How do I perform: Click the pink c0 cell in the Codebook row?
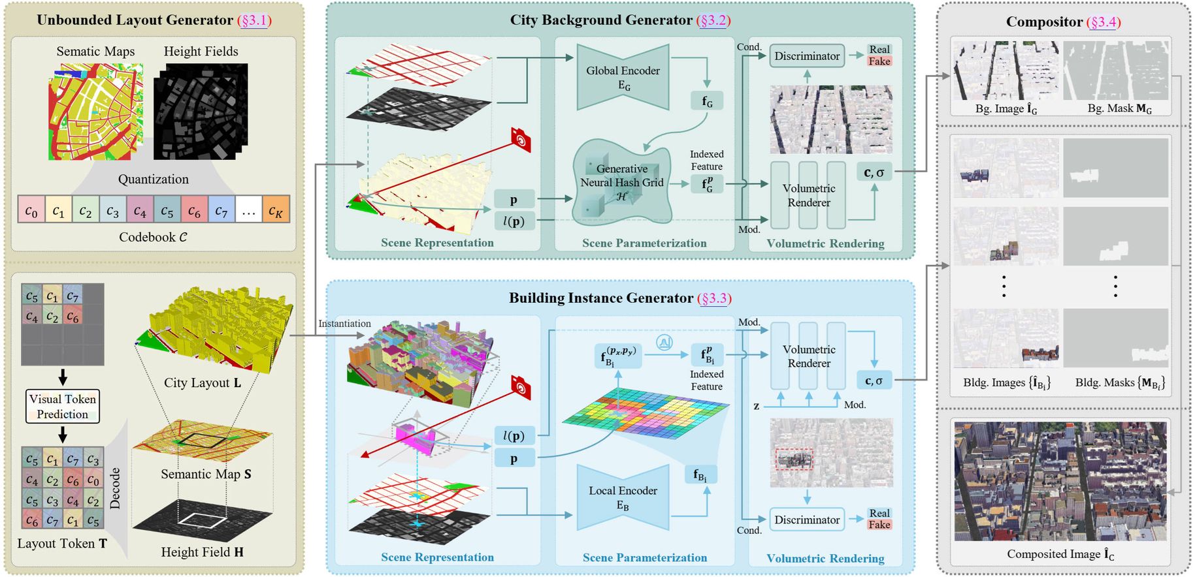pos(31,210)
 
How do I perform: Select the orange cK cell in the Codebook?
pos(276,210)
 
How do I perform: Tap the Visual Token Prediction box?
pos(63,406)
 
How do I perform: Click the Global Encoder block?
pos(623,77)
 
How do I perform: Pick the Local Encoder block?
pos(623,497)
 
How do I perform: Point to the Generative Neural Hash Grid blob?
pos(621,182)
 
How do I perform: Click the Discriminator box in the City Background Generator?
pos(807,56)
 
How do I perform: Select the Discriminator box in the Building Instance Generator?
pos(807,520)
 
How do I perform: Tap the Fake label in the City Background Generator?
pos(879,61)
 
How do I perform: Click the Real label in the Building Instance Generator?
pos(879,513)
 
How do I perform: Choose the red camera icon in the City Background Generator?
pos(521,140)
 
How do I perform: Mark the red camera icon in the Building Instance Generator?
pos(521,387)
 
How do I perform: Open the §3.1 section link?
pos(255,20)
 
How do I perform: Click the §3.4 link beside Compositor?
pos(1104,22)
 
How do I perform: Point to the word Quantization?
pos(154,179)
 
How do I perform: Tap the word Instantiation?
pos(344,324)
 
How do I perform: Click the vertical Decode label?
pos(116,488)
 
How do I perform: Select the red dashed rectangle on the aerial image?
pos(794,459)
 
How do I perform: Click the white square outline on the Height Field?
pos(202,520)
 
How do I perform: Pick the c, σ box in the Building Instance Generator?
pos(874,381)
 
